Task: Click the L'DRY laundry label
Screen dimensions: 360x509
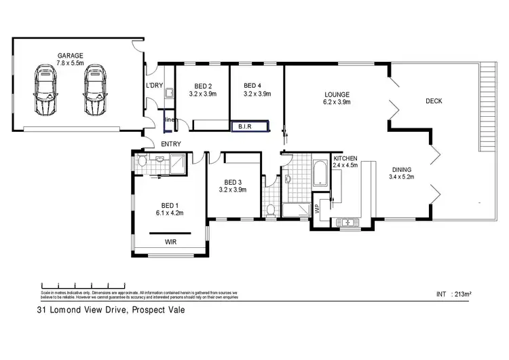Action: pyautogui.click(x=154, y=86)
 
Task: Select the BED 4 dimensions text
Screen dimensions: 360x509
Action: pyautogui.click(x=257, y=94)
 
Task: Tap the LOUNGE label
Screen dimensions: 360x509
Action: pyautogui.click(x=337, y=94)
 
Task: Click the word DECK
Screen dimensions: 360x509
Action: pyautogui.click(x=434, y=101)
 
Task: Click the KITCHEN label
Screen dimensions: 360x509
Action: pyautogui.click(x=345, y=158)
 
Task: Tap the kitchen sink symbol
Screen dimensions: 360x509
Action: pyautogui.click(x=346, y=221)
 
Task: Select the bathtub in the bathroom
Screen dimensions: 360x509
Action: pyautogui.click(x=318, y=173)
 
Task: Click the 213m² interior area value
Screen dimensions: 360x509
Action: pyautogui.click(x=463, y=294)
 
